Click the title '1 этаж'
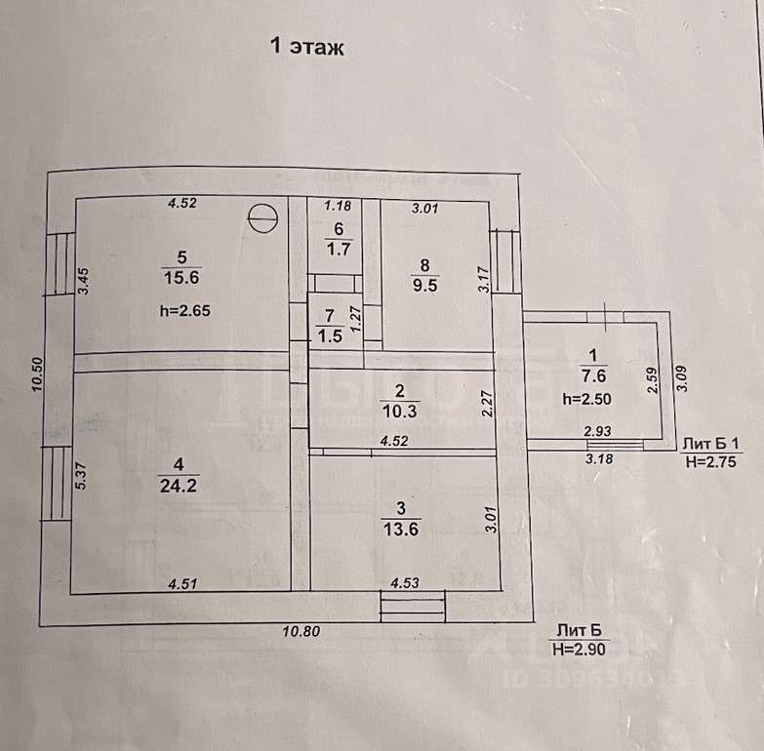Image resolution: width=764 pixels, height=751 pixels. click(306, 46)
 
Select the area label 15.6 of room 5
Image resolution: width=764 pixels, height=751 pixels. click(181, 278)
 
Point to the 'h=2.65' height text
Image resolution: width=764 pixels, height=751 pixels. click(184, 311)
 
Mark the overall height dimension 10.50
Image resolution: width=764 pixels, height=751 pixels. click(37, 374)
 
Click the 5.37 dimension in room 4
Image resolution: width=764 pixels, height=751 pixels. click(84, 476)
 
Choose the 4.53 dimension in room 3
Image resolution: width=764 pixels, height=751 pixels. click(405, 583)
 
